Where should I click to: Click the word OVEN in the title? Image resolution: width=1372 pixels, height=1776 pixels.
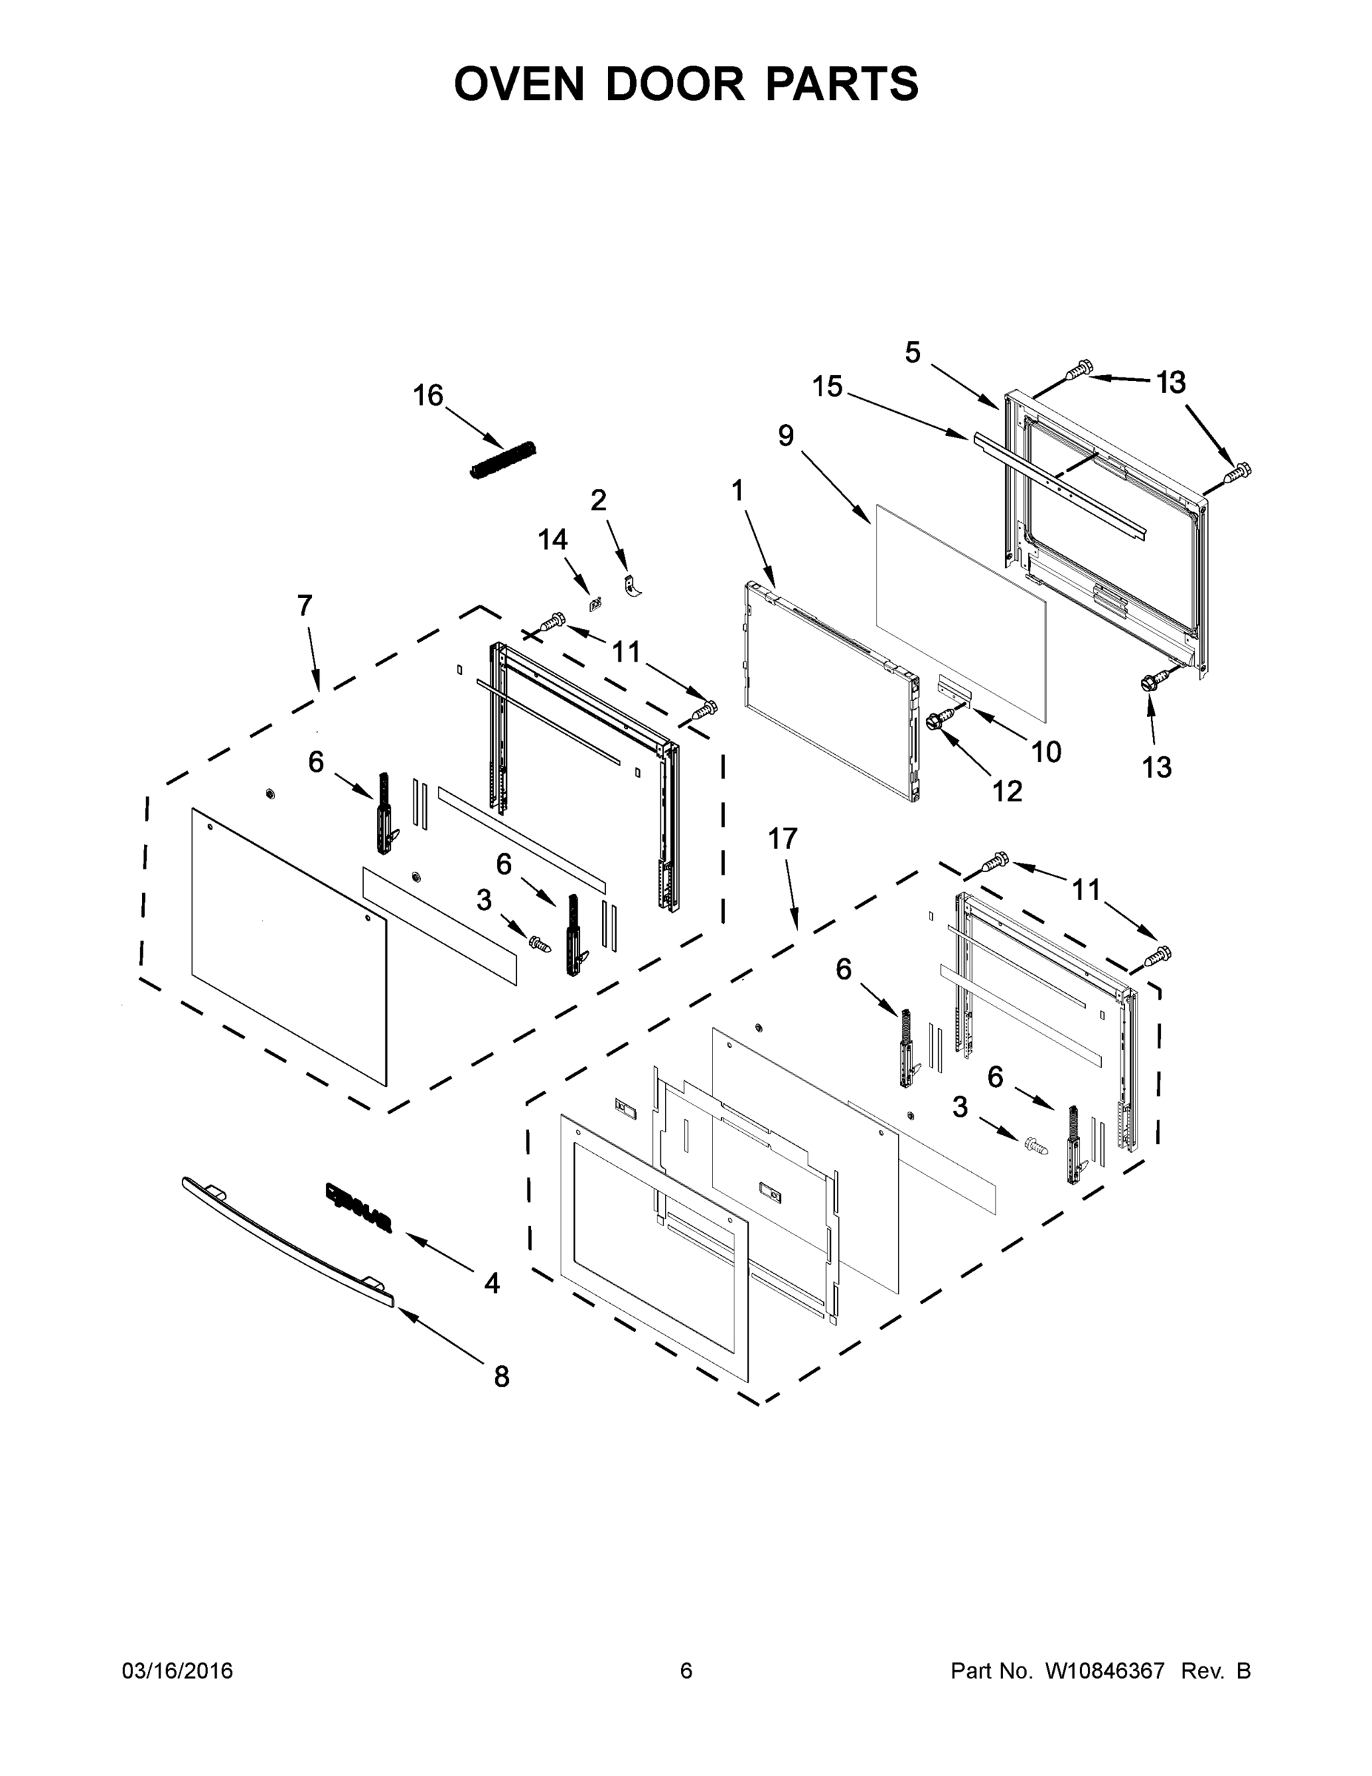(518, 84)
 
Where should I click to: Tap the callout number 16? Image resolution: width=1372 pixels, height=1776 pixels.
(428, 396)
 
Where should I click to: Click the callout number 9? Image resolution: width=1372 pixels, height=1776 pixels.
(785, 436)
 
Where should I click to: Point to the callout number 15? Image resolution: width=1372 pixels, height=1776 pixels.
(828, 386)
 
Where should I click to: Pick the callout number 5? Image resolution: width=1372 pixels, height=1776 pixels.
(913, 353)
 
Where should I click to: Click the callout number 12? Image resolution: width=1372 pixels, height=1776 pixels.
(1007, 790)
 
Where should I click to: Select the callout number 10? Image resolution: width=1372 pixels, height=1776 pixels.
(1046, 752)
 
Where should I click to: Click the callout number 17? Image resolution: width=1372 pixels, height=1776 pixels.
(783, 838)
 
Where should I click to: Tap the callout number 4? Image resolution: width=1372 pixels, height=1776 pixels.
(492, 1283)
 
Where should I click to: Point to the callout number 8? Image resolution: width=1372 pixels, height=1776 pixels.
(501, 1376)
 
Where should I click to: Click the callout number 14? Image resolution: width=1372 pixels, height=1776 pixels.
(552, 539)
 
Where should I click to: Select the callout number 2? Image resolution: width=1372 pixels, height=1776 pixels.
(598, 500)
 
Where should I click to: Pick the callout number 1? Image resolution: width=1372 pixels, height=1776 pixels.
(737, 491)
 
